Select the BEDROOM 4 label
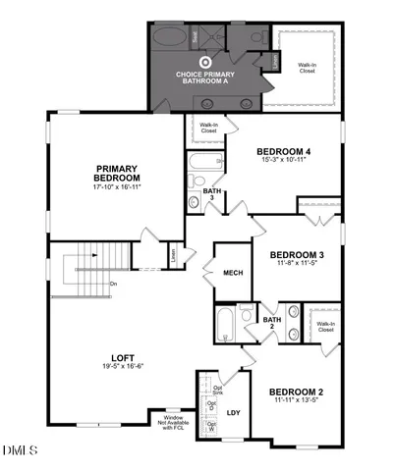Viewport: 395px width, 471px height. pyautogui.click(x=284, y=152)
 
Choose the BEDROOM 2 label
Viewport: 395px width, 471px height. pyautogui.click(x=299, y=392)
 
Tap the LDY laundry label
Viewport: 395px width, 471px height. pyautogui.click(x=234, y=412)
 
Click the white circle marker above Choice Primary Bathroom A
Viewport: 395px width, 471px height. pyautogui.click(x=206, y=62)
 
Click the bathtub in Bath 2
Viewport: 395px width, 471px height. pyautogui.click(x=225, y=320)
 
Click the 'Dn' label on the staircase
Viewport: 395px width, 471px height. pyautogui.click(x=114, y=285)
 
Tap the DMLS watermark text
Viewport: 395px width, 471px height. pyautogui.click(x=21, y=450)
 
